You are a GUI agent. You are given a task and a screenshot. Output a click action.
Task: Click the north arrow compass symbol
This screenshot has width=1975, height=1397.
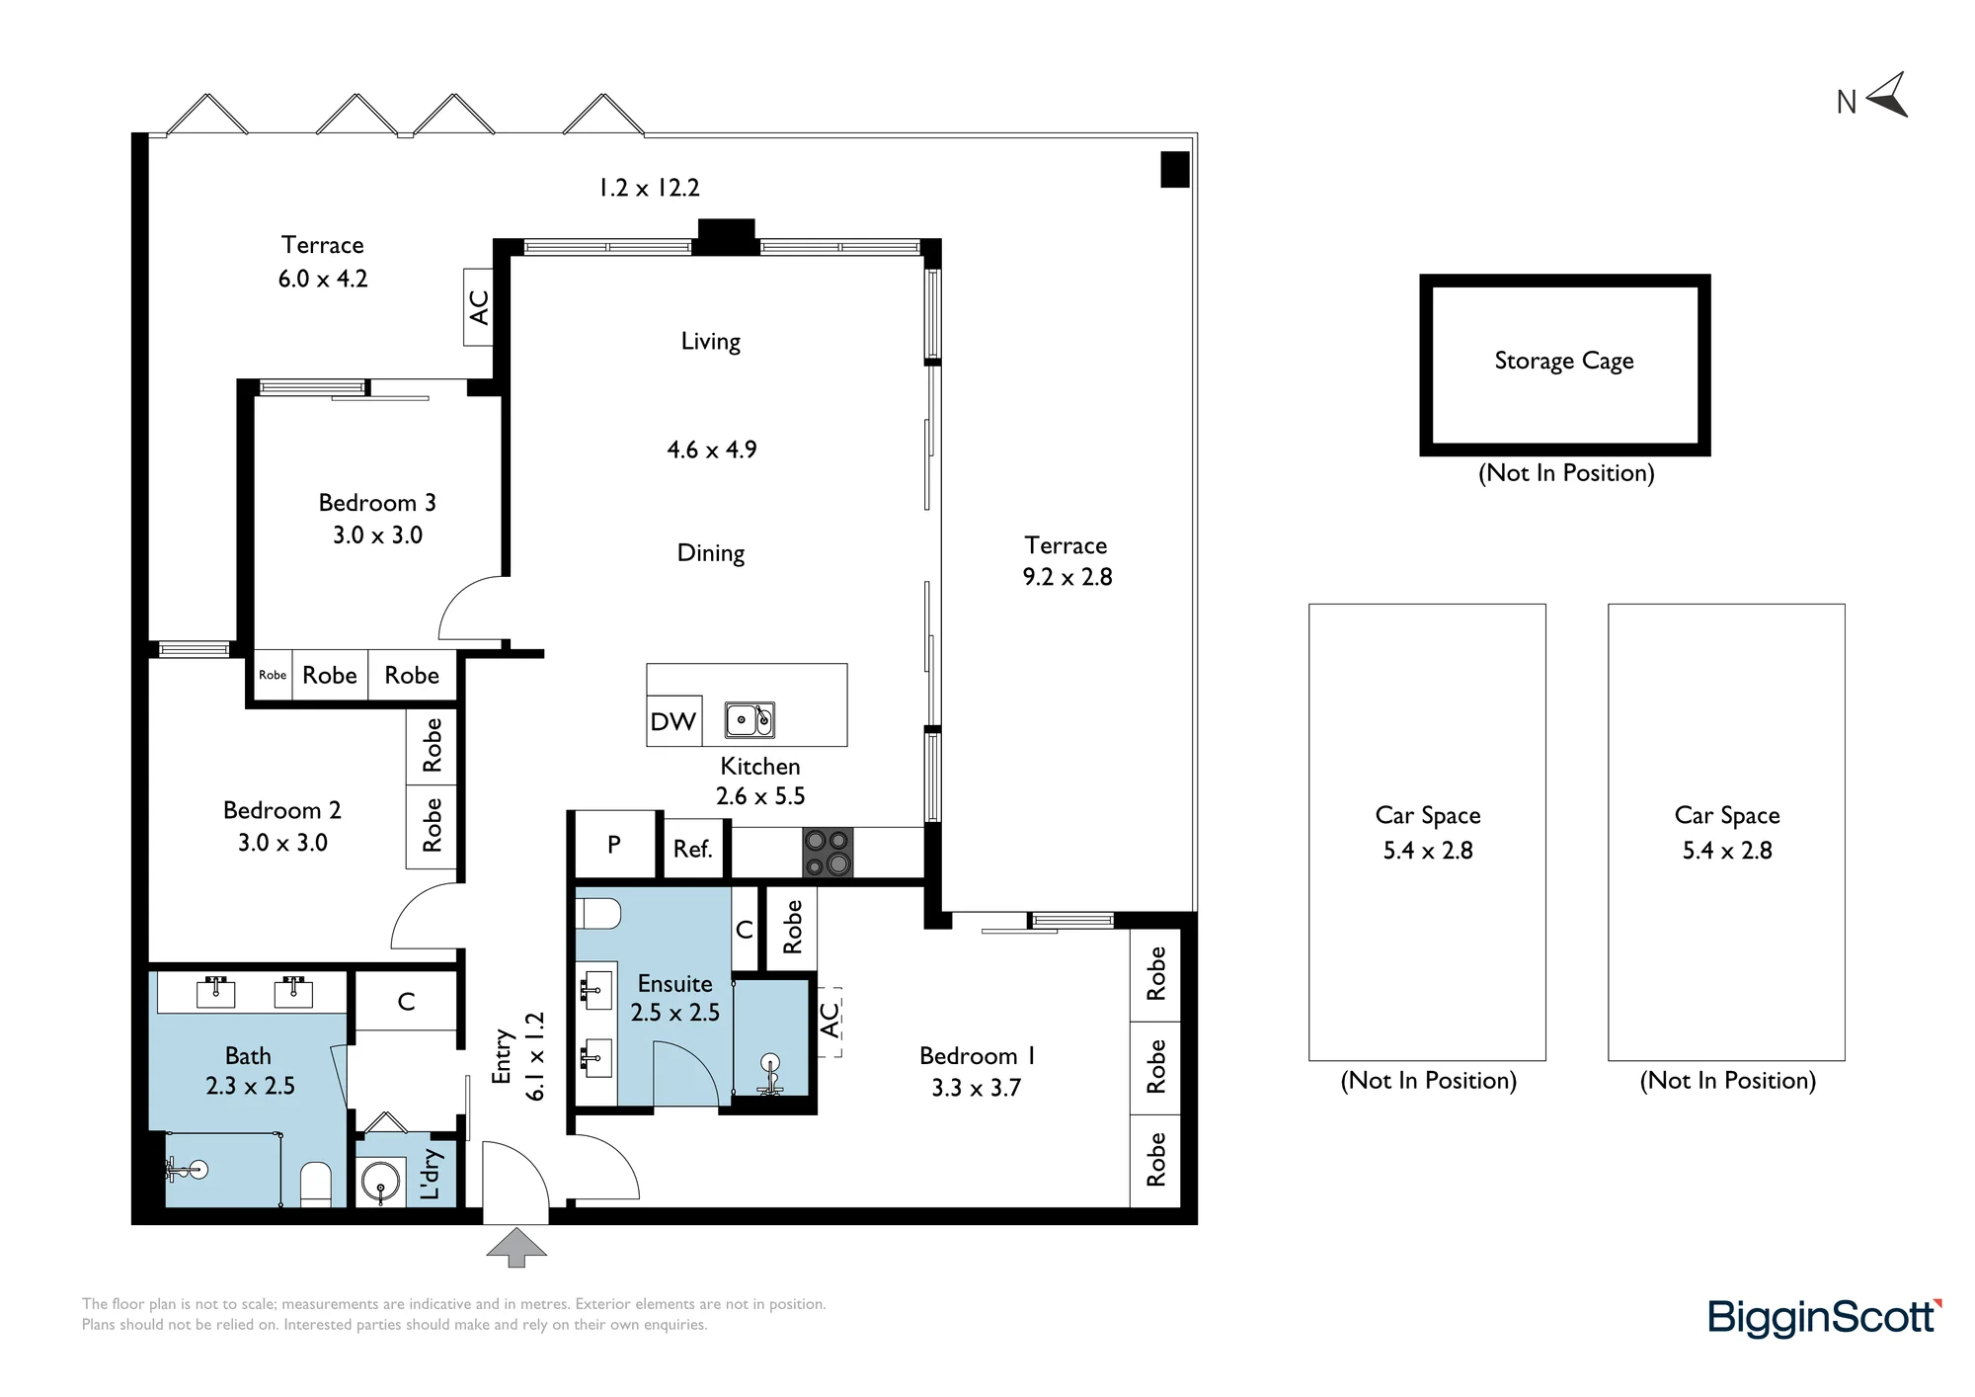pos(1887,96)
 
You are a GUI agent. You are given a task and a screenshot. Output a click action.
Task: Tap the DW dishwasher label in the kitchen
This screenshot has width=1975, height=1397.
pos(672,721)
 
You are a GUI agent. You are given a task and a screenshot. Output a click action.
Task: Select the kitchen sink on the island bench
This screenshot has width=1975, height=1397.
pos(750,720)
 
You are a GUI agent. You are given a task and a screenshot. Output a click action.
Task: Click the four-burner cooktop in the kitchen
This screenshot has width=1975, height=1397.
pos(828,853)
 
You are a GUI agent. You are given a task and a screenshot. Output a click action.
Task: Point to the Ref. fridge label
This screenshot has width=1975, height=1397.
pos(692,849)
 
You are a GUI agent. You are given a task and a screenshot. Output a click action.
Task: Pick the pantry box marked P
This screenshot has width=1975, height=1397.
pos(613,845)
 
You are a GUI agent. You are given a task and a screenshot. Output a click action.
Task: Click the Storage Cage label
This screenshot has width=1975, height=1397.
pos(1564,362)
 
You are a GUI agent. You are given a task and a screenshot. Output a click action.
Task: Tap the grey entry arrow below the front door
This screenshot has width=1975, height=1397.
pos(516,1247)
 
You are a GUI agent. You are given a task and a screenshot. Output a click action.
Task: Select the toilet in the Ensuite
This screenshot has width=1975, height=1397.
pos(597,913)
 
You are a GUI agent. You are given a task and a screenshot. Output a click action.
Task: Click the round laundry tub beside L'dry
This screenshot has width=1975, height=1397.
pos(380,1181)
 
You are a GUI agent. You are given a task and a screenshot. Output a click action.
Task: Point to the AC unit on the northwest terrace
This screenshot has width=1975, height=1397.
pos(478,307)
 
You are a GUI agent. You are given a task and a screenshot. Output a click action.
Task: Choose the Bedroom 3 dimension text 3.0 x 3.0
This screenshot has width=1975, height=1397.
pos(377,535)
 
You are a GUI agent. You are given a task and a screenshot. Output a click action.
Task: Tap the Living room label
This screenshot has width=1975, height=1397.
pos(710,342)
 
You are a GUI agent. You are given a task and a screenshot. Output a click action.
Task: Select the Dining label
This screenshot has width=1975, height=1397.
pos(710,553)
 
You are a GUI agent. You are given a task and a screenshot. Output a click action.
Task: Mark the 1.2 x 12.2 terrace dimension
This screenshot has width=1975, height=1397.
pos(649,188)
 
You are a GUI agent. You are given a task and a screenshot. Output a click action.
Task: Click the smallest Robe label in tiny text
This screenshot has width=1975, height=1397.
pos(273,676)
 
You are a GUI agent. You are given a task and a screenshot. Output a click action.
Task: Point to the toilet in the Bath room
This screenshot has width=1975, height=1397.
pos(315,1184)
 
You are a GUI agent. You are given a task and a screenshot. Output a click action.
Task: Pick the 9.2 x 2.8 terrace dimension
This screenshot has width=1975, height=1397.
pos(1067,577)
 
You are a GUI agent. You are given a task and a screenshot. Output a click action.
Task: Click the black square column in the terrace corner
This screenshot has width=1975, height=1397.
pos(1174,169)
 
